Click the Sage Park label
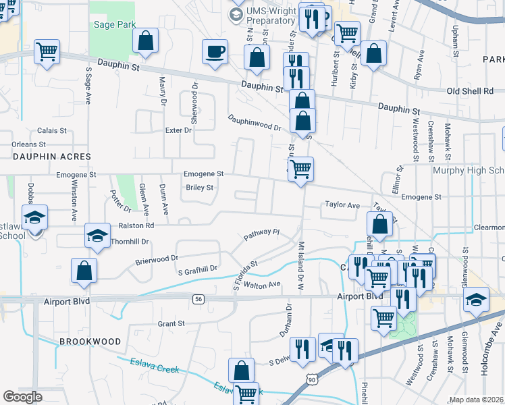[115, 24]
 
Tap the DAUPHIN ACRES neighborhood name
[45, 156]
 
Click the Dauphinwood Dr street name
[254, 122]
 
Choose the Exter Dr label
[178, 130]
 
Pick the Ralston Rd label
[136, 225]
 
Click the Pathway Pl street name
[261, 234]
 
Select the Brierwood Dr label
[156, 258]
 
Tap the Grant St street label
[171, 324]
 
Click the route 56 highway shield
[198, 298]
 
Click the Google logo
[22, 396]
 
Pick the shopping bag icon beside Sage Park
[145, 40]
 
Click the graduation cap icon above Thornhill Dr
[97, 236]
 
